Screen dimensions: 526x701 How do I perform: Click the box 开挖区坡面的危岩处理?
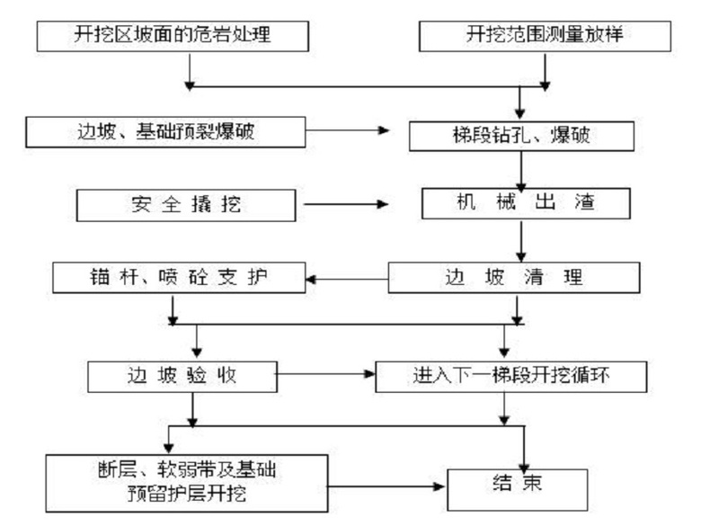(172, 37)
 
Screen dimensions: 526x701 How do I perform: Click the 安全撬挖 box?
(186, 204)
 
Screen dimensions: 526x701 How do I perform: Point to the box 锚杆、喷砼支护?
(179, 277)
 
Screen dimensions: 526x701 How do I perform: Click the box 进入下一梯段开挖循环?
(511, 376)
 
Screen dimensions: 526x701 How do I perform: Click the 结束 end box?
(519, 486)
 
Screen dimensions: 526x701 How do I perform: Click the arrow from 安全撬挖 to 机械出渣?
(346, 204)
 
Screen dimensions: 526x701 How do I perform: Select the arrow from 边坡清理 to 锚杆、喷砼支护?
(348, 277)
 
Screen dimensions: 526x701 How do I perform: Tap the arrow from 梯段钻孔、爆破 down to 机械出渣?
(521, 169)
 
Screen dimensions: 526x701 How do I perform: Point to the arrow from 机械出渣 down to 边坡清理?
(521, 240)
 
